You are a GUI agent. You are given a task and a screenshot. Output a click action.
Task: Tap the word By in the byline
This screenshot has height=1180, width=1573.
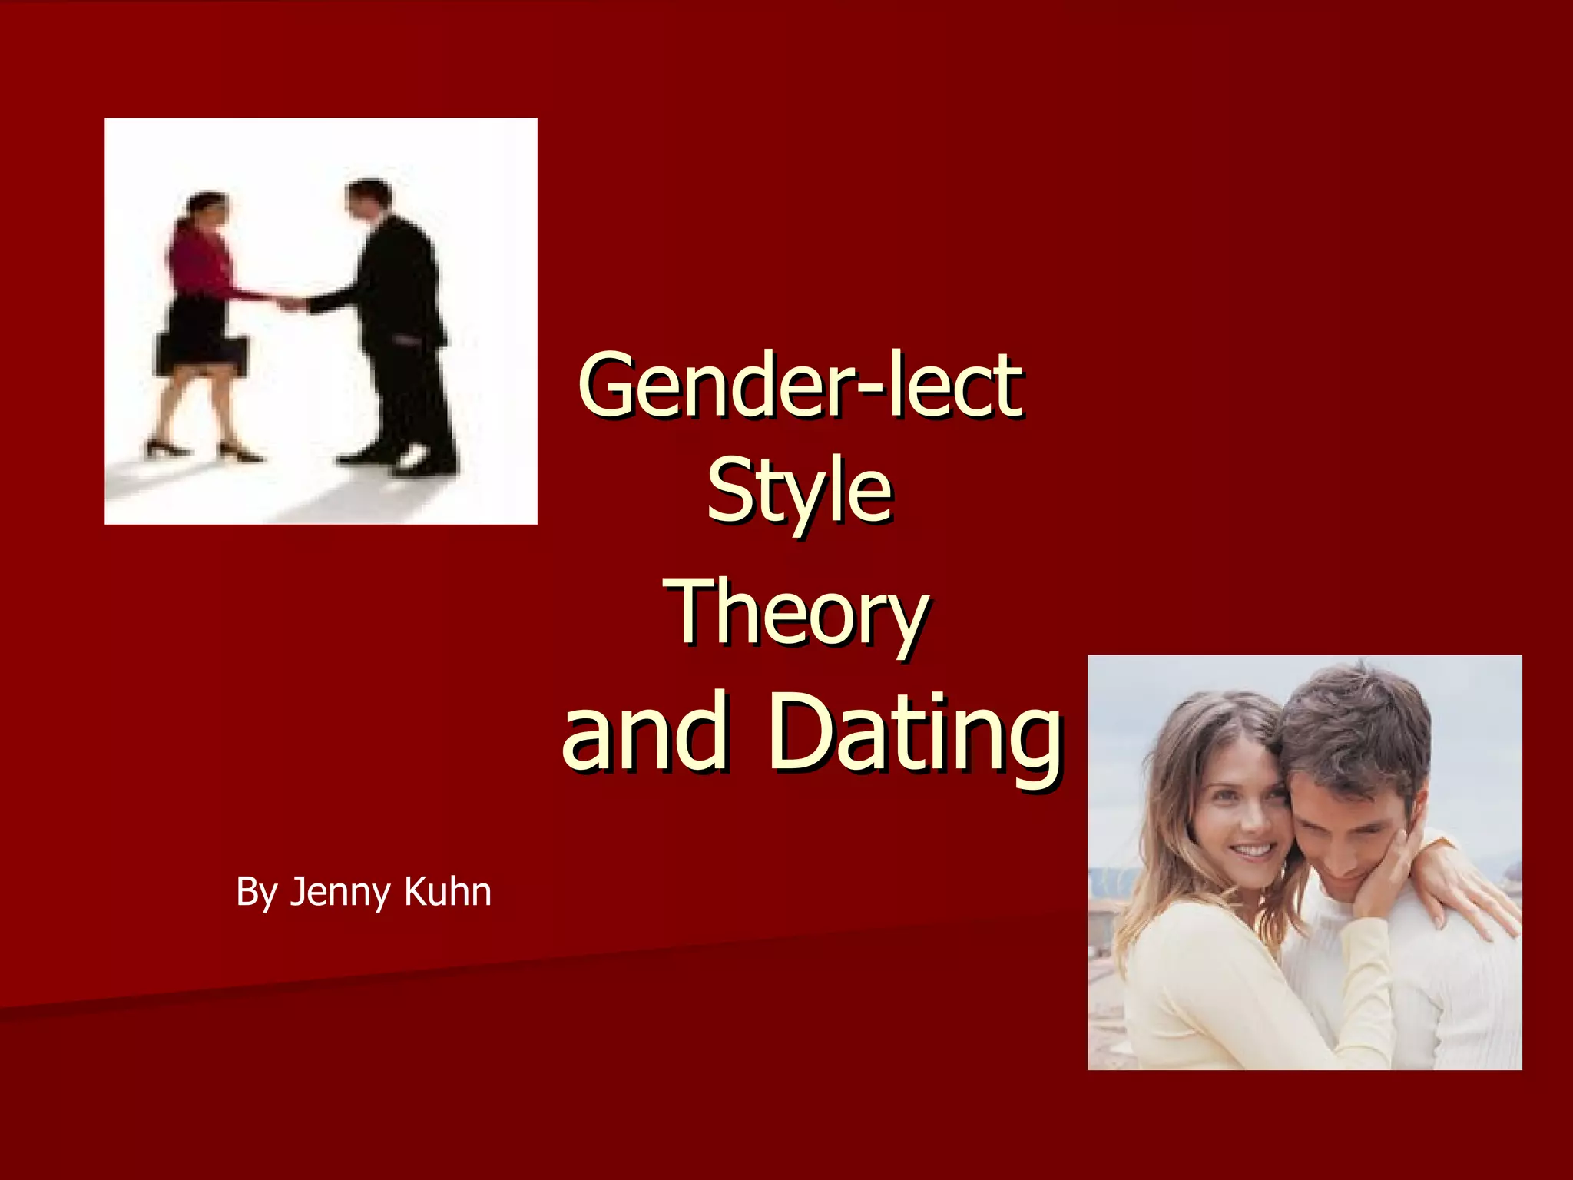click(x=256, y=893)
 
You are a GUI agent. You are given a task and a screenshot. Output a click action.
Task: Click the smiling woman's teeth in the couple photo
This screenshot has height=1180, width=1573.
click(x=1253, y=850)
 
